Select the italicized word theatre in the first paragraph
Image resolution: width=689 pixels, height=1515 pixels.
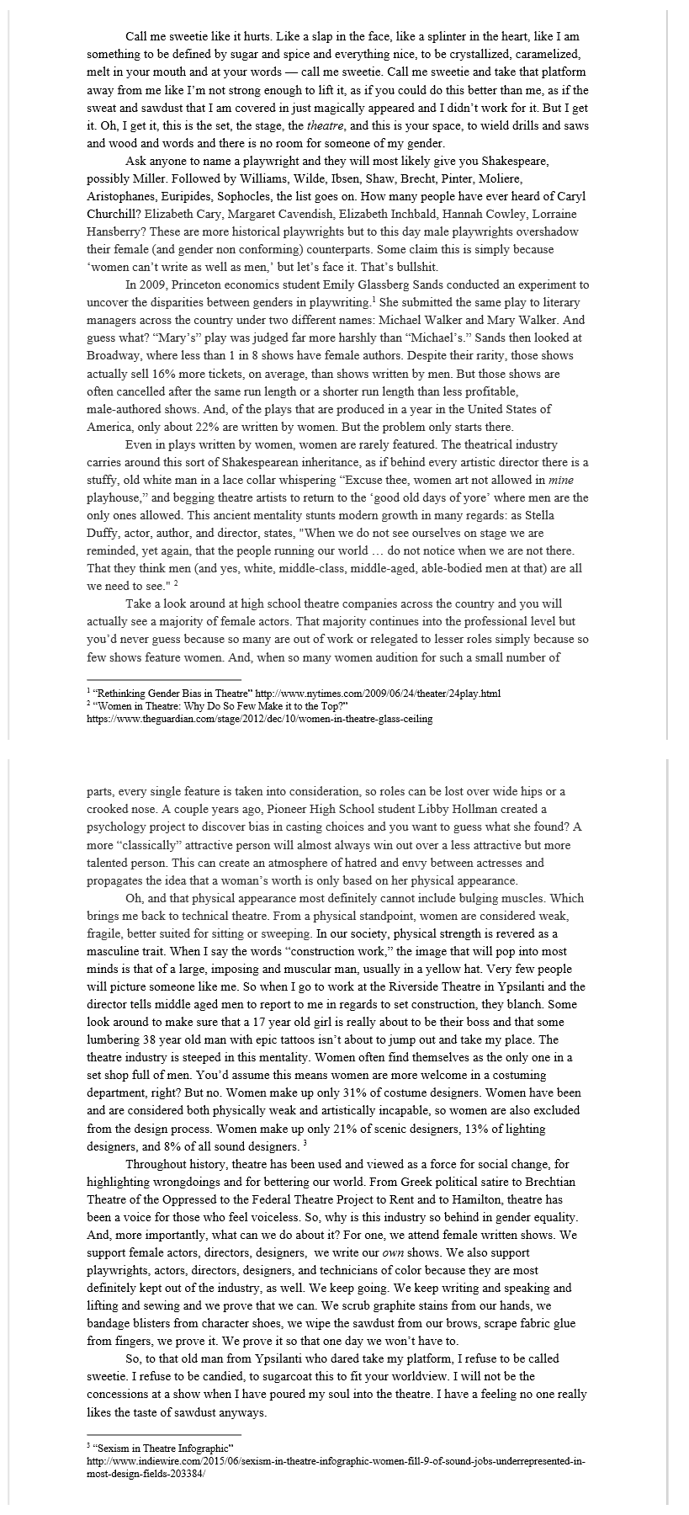click(325, 125)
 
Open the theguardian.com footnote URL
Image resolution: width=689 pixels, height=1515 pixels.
click(260, 719)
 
